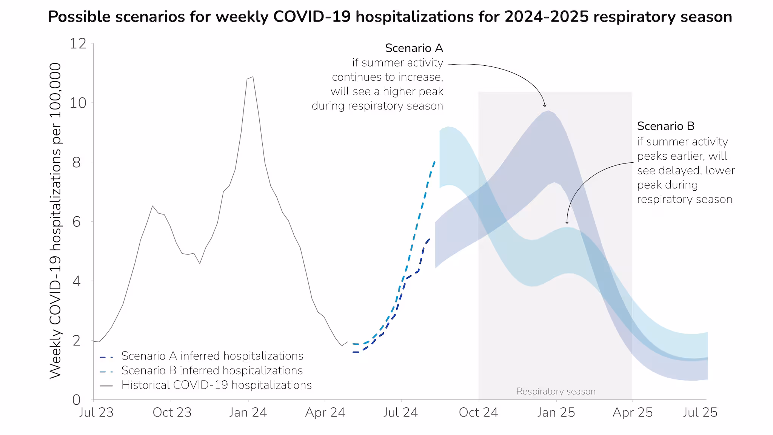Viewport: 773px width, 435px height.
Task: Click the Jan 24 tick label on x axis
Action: coord(248,412)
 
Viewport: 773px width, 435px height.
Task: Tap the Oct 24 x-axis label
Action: coord(478,412)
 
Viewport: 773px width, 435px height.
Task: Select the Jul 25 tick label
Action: coord(700,412)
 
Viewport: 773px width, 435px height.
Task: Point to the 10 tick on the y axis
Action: coord(78,103)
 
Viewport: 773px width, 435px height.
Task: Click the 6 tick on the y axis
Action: coord(77,222)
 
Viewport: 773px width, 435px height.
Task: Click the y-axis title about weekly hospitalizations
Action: coord(55,221)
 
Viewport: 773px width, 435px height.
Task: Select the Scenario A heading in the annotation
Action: coord(414,48)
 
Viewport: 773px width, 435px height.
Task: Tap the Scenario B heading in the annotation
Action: coord(665,126)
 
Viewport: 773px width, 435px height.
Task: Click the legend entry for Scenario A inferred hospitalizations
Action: coord(212,356)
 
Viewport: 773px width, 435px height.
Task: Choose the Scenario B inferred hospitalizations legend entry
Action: coord(212,370)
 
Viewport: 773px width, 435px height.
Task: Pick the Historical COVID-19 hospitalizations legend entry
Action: coord(216,385)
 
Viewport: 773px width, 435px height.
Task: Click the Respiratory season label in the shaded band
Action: coord(556,392)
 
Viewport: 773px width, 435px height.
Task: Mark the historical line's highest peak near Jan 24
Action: coord(253,77)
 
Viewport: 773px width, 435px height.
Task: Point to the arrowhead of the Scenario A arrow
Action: coord(545,106)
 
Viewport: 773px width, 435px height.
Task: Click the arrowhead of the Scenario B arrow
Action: coord(567,223)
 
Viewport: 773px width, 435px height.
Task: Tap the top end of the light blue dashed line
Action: coord(435,161)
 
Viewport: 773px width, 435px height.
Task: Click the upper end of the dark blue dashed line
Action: coord(429,239)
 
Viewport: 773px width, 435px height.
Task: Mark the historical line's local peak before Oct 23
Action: coord(152,206)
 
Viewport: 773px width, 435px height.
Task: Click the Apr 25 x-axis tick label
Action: coord(632,412)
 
